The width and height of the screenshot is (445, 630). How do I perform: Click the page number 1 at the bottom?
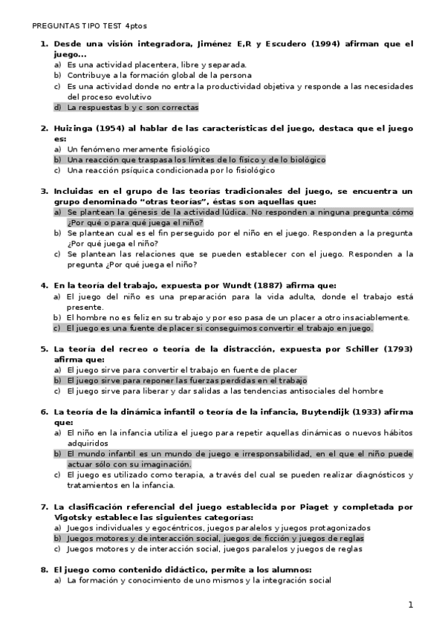(x=410, y=605)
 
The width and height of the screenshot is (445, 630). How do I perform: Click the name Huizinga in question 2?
(x=75, y=128)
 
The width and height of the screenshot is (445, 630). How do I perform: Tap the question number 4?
(x=43, y=285)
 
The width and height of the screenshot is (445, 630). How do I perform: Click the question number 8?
(x=43, y=569)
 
